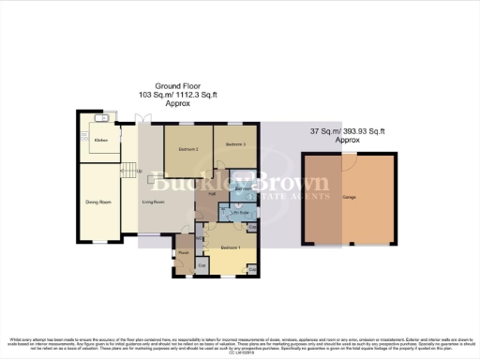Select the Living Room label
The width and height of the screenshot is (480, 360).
154,202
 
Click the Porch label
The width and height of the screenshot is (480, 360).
185,250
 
